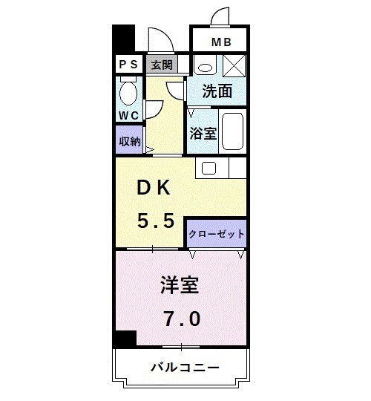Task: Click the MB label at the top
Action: pos(220,42)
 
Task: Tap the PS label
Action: pos(127,65)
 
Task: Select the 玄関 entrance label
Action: pos(162,65)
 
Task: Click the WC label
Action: pos(128,115)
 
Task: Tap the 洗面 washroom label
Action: pos(218,91)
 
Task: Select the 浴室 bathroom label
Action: pos(202,134)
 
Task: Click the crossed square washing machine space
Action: pos(234,65)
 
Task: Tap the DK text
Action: pos(153,189)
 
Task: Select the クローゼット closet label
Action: pos(216,233)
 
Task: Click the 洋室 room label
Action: pos(181,285)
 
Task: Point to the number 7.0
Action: pos(181,319)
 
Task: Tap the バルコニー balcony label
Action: pos(183,368)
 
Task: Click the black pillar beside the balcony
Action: pos(124,338)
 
